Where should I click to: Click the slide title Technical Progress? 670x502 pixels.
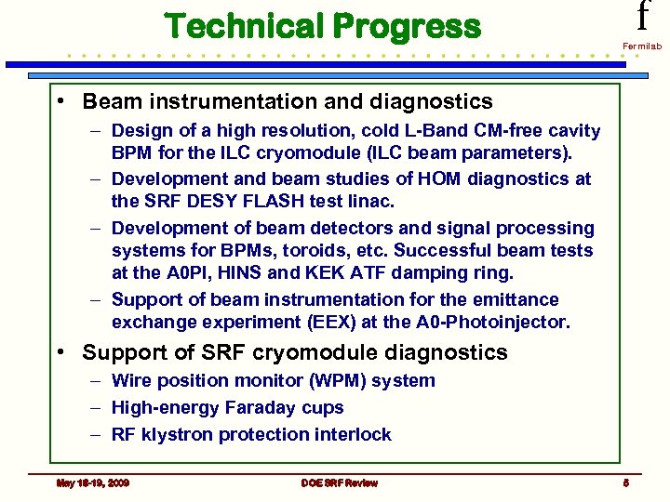pos(323,26)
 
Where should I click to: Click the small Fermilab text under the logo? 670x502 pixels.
pos(641,46)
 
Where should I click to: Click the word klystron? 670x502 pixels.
pos(175,434)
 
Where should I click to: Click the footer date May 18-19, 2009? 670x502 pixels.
pos(92,482)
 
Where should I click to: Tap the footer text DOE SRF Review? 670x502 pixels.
pos(340,482)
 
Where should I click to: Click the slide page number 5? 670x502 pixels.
pos(627,482)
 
